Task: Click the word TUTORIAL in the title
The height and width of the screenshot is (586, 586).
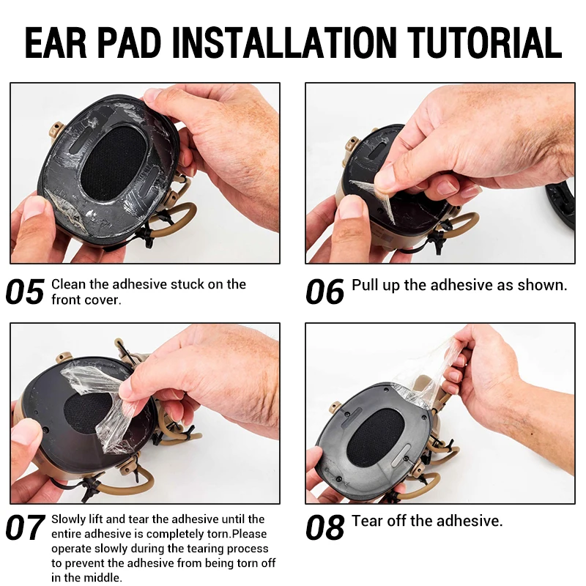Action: tap(484, 42)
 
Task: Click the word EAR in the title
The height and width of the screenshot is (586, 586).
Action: tap(56, 42)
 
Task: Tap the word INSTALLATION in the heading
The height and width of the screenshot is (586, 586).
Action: tap(284, 42)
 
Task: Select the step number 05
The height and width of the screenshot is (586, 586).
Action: tap(25, 292)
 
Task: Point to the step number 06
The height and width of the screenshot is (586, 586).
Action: tap(324, 292)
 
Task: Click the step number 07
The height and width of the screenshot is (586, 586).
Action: tap(25, 527)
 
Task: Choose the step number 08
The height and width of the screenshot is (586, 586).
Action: tap(324, 527)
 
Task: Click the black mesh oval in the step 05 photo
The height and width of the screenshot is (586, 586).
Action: tap(112, 163)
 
